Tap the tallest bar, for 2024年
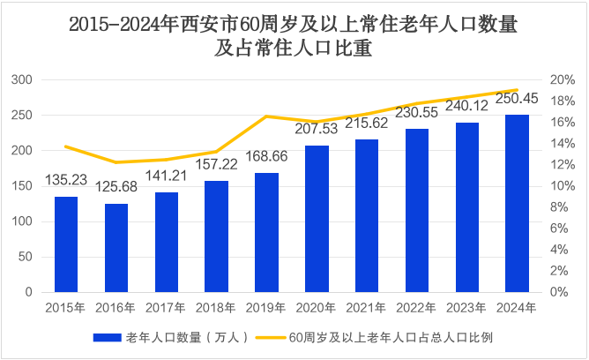click(517, 203)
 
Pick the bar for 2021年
click(367, 215)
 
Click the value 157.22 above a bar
click(216, 165)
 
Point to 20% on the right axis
click(563, 80)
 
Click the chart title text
click(294, 38)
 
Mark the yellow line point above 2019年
click(266, 116)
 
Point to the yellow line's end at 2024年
click(517, 90)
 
